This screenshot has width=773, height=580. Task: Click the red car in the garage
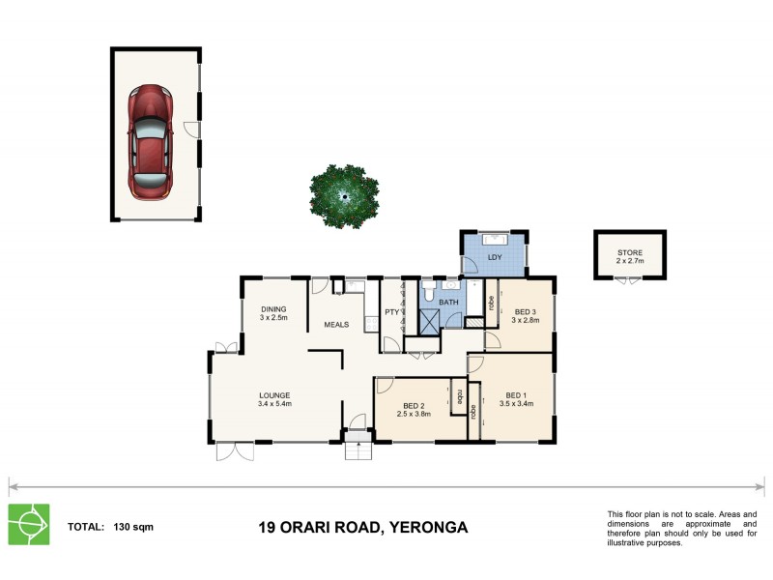[x=153, y=135]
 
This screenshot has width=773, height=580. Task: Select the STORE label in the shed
[x=629, y=253]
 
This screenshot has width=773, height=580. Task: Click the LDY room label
[x=495, y=258]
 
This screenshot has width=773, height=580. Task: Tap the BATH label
[x=449, y=303]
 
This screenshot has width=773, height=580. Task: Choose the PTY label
[x=391, y=312]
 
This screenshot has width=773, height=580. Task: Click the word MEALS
[x=336, y=325]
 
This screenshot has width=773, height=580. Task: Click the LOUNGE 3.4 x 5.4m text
[x=274, y=399]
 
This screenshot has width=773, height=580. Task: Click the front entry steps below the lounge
[x=358, y=449]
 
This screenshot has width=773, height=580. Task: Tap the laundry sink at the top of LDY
[x=496, y=238]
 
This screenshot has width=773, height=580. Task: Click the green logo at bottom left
[x=29, y=525]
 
